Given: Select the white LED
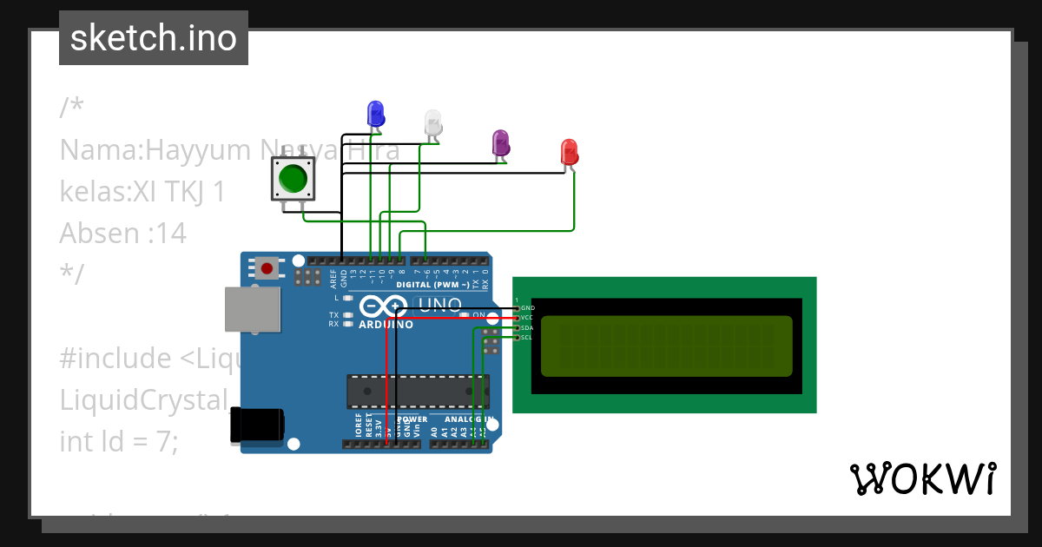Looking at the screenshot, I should [x=433, y=122].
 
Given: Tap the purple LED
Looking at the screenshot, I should [x=500, y=142].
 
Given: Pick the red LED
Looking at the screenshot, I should [x=569, y=151].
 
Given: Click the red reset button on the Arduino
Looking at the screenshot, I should [x=267, y=268].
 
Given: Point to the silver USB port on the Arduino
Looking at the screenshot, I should [x=253, y=309].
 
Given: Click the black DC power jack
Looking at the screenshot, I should [x=256, y=425].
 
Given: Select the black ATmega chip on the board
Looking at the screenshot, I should [x=417, y=391].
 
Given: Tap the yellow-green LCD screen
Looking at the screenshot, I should [x=666, y=346].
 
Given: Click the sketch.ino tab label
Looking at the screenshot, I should [x=154, y=38].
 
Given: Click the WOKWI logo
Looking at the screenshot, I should [x=922, y=478].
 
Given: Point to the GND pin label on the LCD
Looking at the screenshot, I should [x=528, y=308].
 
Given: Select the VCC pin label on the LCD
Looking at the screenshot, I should [x=528, y=318].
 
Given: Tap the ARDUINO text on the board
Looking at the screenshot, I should [x=386, y=325].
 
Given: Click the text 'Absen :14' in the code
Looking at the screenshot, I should [x=122, y=234].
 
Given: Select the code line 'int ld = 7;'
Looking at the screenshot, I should [x=118, y=441].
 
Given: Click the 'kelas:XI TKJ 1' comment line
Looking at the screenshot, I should [x=142, y=191].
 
